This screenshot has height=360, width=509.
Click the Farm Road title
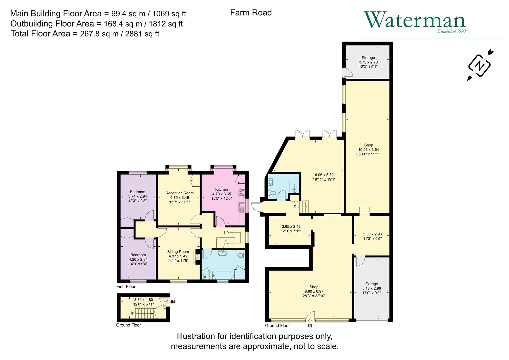pos(251,13)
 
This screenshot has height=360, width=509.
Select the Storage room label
pos(368,58)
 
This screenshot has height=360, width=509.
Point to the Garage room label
pos(371,284)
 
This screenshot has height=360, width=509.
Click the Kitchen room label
pos(221,189)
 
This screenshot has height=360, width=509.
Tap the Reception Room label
pos(179,193)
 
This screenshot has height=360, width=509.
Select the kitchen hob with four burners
pos(242,192)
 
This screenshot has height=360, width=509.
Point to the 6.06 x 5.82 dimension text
pos(324,175)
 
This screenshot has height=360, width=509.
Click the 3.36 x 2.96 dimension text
pos(371,234)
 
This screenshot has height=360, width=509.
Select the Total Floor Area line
pos(85,34)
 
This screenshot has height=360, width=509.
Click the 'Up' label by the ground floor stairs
pos(132,313)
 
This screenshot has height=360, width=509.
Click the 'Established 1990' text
pos(451,31)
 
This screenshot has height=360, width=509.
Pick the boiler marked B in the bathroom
pos(205,277)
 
